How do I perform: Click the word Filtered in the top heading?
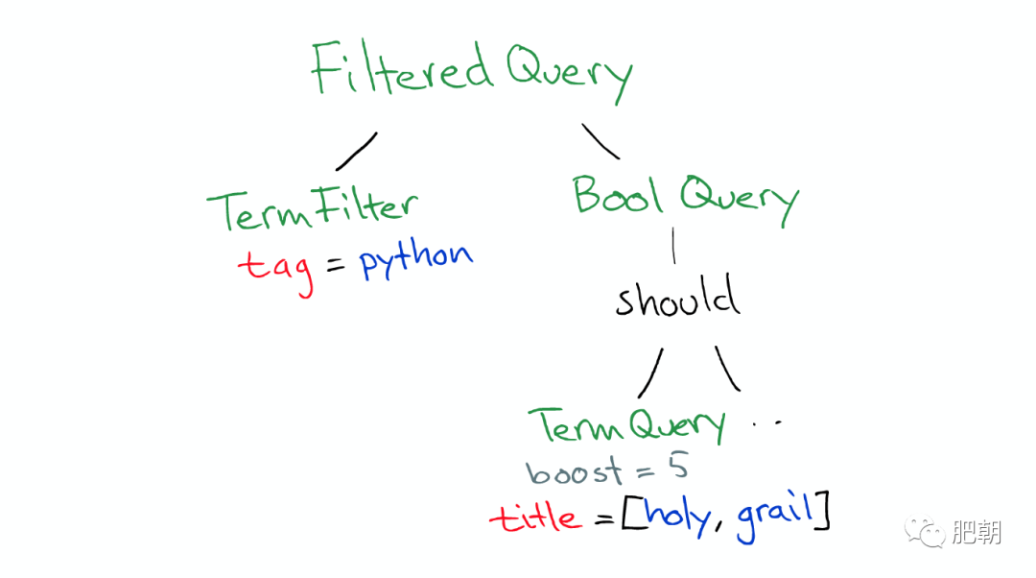(x=402, y=67)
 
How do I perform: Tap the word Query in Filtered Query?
(x=570, y=74)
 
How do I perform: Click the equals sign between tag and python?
(x=336, y=265)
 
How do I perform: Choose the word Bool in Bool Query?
(x=618, y=195)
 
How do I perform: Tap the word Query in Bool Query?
(x=740, y=201)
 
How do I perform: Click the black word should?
(x=677, y=297)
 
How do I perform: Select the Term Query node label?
(x=626, y=424)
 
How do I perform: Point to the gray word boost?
(x=574, y=470)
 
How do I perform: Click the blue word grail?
(x=774, y=518)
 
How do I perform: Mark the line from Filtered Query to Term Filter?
(x=357, y=152)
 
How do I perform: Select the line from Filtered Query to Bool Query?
(x=600, y=141)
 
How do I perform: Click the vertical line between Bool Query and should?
(x=673, y=246)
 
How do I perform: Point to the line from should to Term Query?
(x=650, y=373)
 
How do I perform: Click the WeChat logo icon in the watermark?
(x=925, y=532)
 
